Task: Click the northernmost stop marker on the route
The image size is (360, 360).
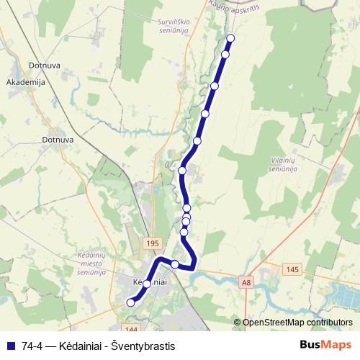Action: (x=230, y=38)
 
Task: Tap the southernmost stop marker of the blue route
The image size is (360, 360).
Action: (x=130, y=303)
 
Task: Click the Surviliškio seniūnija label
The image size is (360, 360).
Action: (x=174, y=27)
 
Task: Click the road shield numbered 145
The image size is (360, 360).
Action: (x=292, y=269)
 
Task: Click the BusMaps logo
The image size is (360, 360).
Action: (x=325, y=345)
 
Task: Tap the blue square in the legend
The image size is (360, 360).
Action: (x=10, y=346)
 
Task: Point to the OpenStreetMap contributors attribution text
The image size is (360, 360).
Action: (x=297, y=323)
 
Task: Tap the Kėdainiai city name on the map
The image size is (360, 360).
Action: (x=150, y=282)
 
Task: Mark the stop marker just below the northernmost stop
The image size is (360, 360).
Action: (x=225, y=55)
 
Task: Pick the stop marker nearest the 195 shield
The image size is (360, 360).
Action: (x=174, y=264)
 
